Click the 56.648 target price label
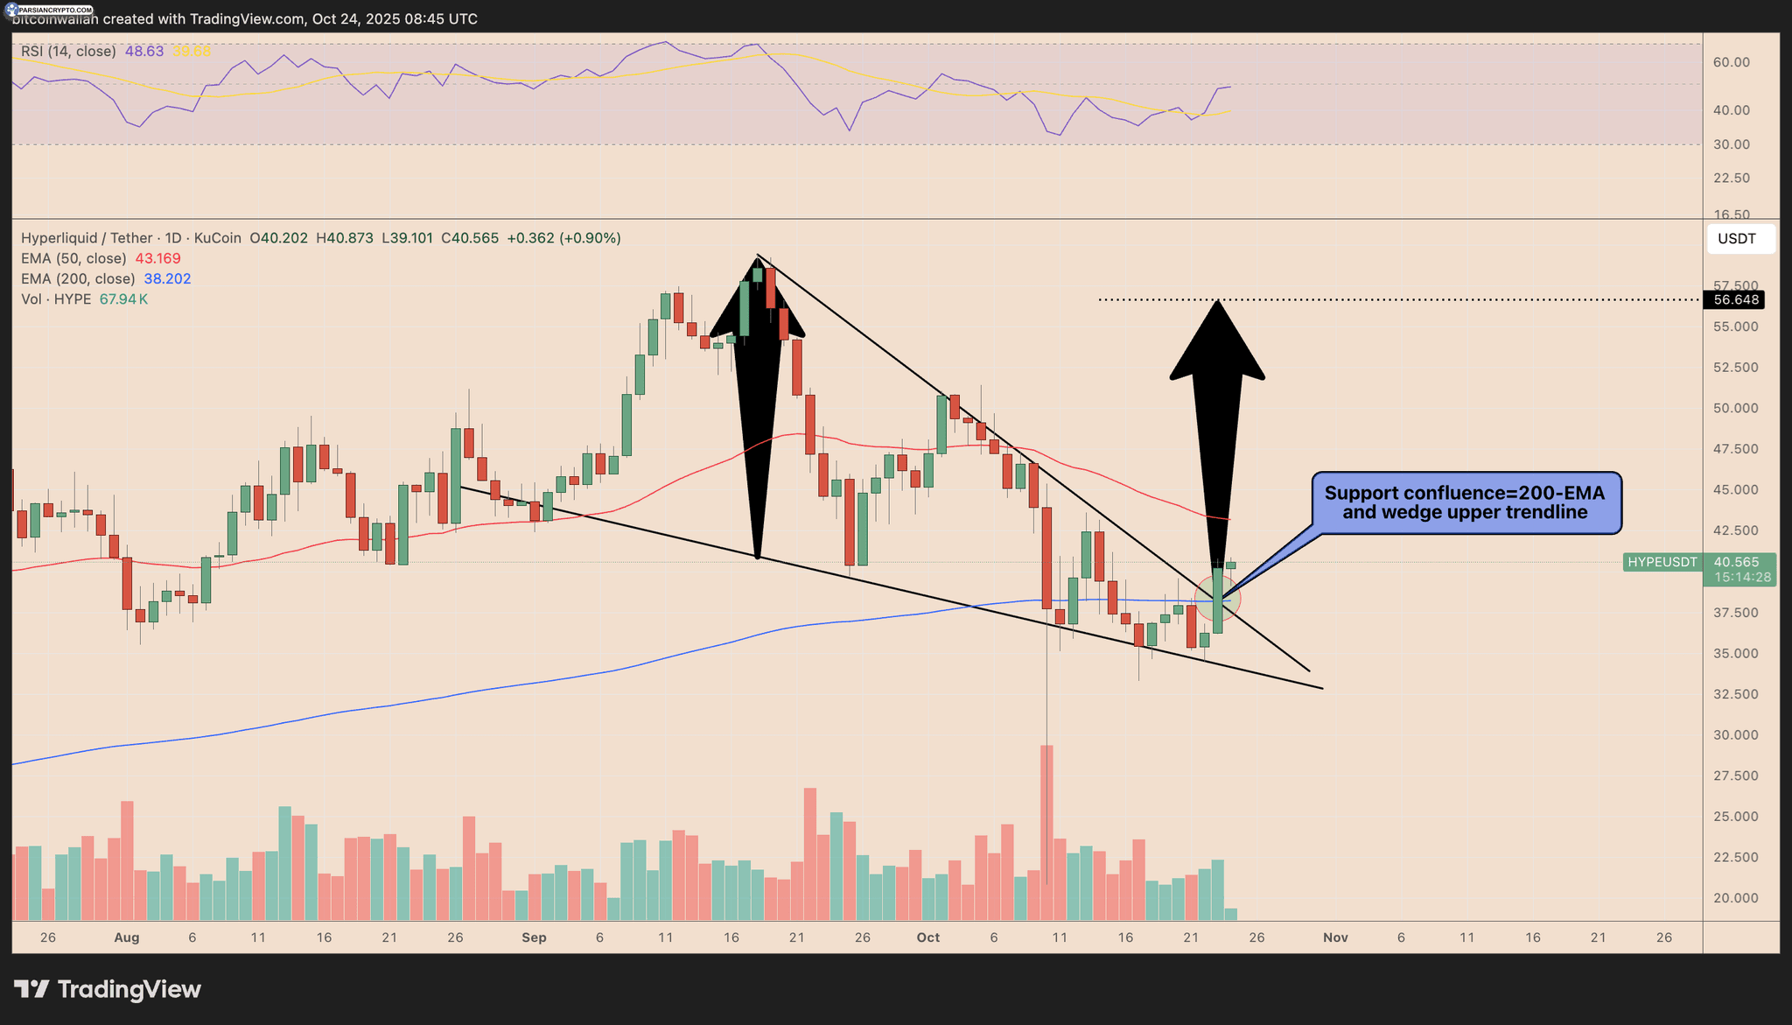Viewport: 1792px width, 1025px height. (x=1734, y=300)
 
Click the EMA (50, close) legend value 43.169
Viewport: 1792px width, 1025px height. (x=157, y=259)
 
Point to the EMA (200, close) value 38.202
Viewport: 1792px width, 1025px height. (x=167, y=279)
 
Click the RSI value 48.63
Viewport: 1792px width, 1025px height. (x=144, y=52)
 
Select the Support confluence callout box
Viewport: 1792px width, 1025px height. (x=1465, y=503)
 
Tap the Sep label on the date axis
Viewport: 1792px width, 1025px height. (x=534, y=937)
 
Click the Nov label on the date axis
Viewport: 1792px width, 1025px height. (x=1335, y=937)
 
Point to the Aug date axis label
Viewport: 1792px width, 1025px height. (x=127, y=937)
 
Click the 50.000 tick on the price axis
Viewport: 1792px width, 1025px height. (x=1736, y=409)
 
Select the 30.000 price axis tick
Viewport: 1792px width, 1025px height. (x=1736, y=735)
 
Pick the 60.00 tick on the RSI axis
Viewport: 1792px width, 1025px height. (x=1731, y=62)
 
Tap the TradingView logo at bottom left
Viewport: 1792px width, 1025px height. (x=108, y=990)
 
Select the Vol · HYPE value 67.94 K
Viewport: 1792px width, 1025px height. (x=123, y=299)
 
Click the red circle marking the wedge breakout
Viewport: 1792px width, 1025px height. (x=1218, y=600)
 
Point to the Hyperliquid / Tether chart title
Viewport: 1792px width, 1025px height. (x=87, y=238)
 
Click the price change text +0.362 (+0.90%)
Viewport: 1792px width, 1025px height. (x=563, y=238)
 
